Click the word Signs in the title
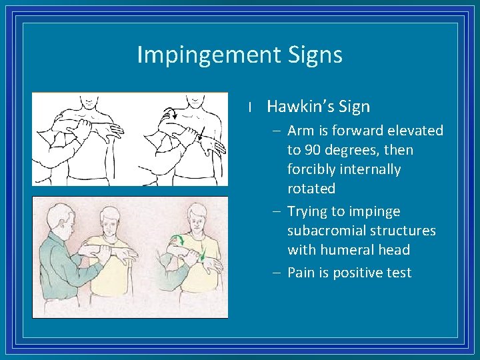pyautogui.click(x=314, y=55)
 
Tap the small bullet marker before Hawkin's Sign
pyautogui.click(x=248, y=107)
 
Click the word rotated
pyautogui.click(x=311, y=189)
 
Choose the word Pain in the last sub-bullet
pyautogui.click(x=301, y=273)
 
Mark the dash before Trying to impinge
pyautogui.click(x=277, y=211)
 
